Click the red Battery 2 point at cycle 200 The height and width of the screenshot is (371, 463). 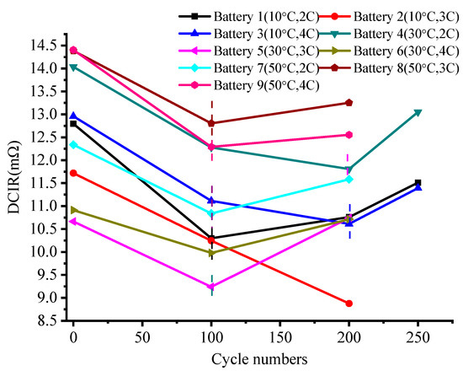(x=349, y=304)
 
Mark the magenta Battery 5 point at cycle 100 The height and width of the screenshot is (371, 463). (x=211, y=287)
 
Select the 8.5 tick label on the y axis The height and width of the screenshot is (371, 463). (x=48, y=321)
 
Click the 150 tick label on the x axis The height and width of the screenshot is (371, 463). (x=279, y=337)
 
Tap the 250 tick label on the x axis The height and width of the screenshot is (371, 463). (x=418, y=337)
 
